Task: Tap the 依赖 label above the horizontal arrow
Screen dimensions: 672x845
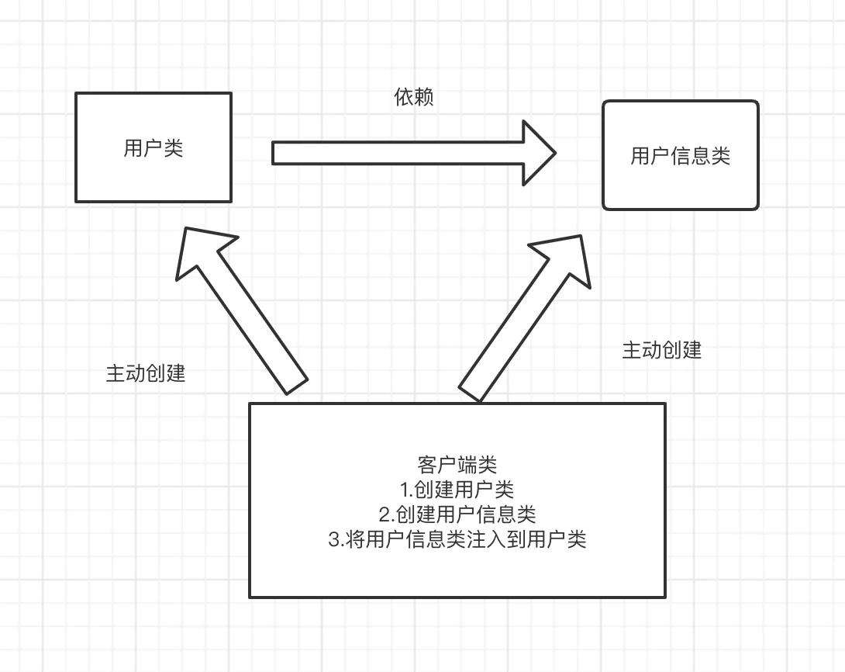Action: click(413, 98)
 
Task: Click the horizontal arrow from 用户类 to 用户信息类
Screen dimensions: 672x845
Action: click(403, 153)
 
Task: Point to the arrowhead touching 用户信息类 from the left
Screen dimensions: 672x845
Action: click(538, 153)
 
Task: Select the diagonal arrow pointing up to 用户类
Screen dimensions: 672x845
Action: click(248, 318)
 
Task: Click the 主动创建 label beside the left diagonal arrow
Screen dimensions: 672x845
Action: click(146, 373)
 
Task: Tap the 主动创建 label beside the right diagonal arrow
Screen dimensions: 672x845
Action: click(661, 350)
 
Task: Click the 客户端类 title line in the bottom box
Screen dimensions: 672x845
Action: click(457, 465)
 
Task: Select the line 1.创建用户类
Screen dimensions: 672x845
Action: click(457, 490)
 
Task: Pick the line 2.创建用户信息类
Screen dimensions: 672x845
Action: click(457, 514)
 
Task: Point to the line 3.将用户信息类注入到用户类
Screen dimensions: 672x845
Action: click(457, 539)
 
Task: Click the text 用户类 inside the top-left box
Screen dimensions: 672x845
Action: click(153, 148)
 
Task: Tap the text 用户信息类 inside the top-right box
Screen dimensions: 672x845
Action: click(680, 156)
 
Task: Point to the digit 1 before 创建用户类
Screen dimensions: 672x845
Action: click(404, 490)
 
